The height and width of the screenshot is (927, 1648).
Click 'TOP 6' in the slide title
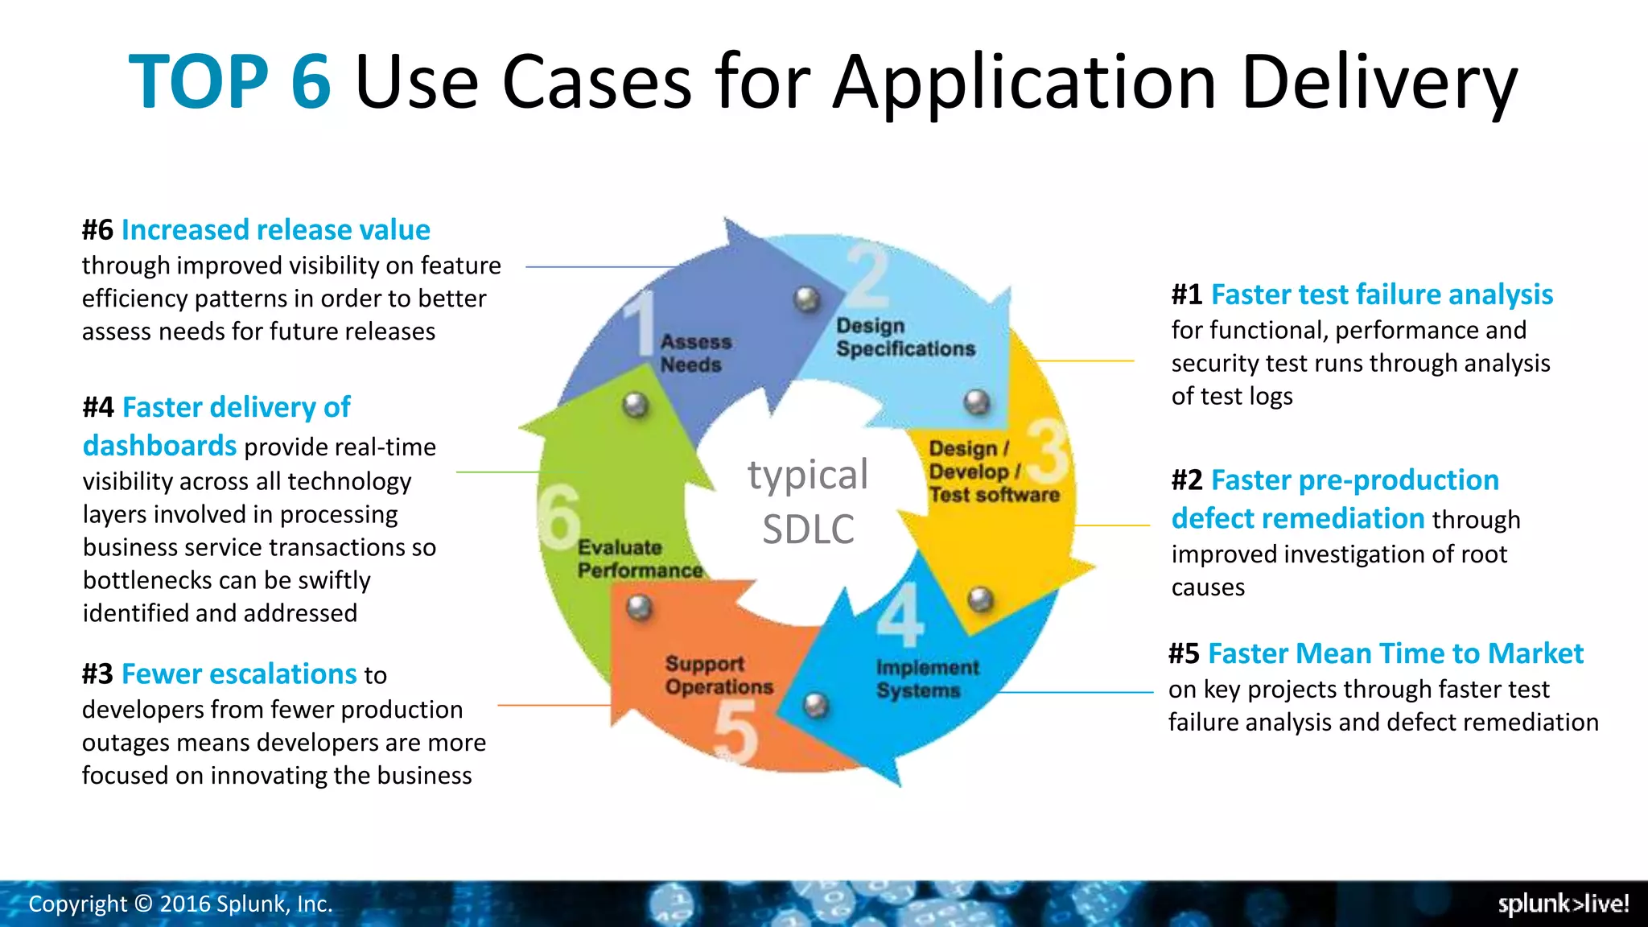(229, 82)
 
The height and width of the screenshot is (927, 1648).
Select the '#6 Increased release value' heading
(256, 230)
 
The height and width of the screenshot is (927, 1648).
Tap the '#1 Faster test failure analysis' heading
(1362, 295)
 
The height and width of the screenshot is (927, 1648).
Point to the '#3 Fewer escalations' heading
(219, 674)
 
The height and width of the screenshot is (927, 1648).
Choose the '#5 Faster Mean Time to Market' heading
(1375, 653)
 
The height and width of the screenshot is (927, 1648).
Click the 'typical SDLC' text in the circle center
(808, 501)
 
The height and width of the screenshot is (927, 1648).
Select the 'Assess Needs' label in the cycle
(696, 353)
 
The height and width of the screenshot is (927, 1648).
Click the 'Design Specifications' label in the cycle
(905, 337)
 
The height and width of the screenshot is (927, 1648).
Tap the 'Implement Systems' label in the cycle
(927, 679)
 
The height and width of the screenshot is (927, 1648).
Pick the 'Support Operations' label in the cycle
(719, 675)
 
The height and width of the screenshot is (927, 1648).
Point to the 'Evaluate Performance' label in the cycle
(640, 558)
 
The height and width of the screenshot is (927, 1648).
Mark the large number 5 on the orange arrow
(735, 731)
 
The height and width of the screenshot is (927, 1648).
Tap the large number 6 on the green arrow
(559, 516)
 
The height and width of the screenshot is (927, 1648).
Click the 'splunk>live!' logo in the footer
(1563, 904)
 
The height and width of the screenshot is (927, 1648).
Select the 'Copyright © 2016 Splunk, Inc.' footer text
(180, 904)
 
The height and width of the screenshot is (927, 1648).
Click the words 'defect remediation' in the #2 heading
(1297, 518)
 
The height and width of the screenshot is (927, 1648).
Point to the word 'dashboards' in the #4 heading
(159, 446)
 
